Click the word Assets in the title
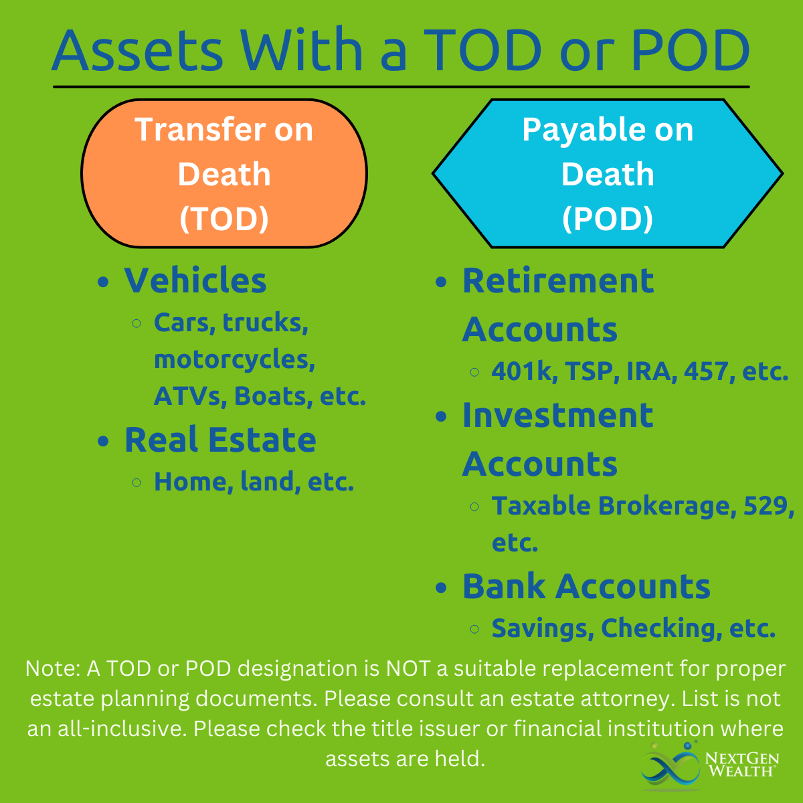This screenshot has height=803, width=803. click(138, 50)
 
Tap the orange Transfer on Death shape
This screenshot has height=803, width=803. click(224, 173)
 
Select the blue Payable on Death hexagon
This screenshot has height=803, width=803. click(608, 173)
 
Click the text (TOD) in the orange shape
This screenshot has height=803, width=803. click(224, 218)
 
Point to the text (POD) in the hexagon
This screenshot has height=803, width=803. click(608, 218)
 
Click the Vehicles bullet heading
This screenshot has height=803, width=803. click(195, 280)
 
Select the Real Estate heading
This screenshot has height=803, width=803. click(220, 440)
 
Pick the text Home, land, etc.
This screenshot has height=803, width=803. click(254, 482)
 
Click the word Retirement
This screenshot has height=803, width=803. click(558, 280)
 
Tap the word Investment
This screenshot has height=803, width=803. click(558, 415)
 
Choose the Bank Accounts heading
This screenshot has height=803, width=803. click(586, 586)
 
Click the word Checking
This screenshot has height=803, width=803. click(661, 628)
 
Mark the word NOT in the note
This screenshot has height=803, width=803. click(408, 668)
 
